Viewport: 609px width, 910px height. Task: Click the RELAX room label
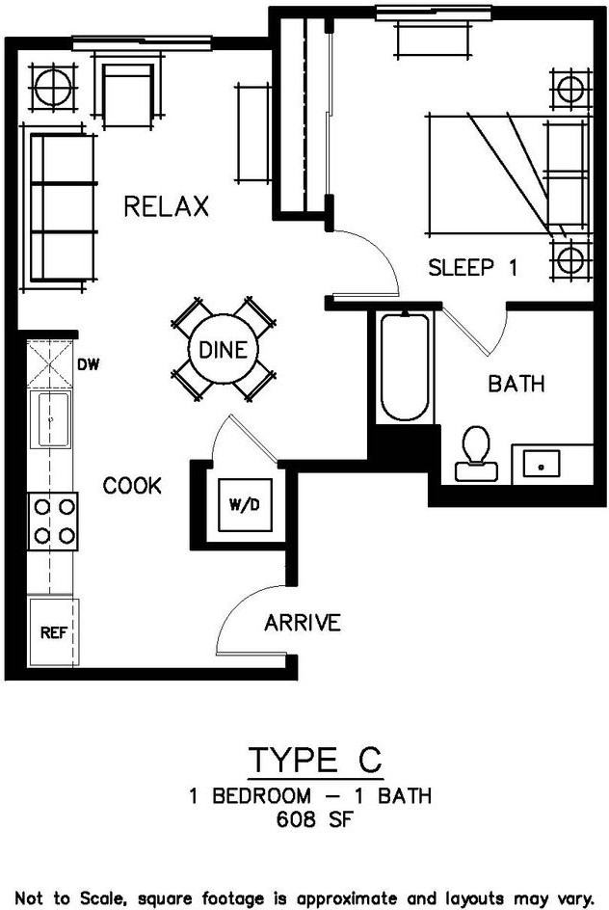click(166, 206)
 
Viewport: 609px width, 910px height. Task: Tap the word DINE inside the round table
click(223, 351)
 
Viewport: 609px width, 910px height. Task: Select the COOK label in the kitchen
click(132, 485)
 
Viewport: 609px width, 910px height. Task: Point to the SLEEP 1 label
click(472, 268)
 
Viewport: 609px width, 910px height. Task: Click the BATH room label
click(516, 384)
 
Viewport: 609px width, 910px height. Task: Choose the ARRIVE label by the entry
click(302, 623)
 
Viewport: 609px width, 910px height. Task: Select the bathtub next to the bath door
click(404, 366)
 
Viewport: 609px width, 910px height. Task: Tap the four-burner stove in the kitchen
click(53, 521)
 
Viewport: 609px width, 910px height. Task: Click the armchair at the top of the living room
click(127, 94)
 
